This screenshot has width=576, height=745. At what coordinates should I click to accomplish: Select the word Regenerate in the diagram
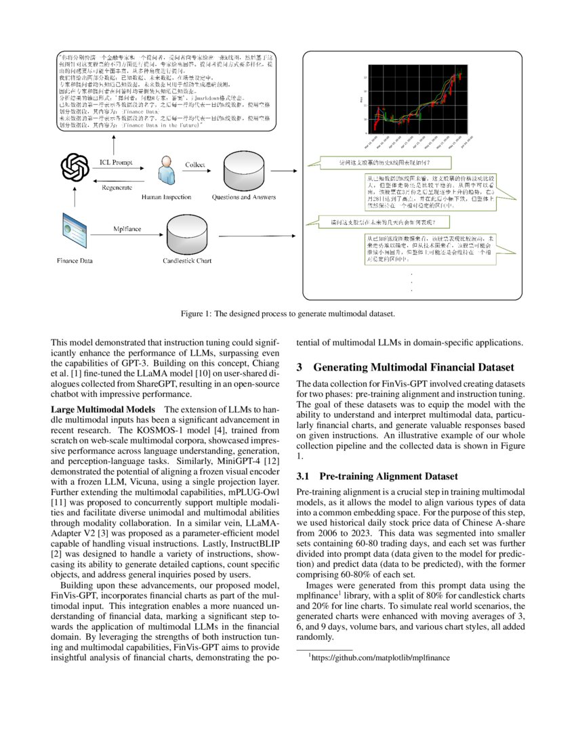coord(117,187)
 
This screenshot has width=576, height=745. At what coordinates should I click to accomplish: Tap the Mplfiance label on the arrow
coord(127,229)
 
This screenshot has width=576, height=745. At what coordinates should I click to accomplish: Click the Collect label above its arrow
coord(195,165)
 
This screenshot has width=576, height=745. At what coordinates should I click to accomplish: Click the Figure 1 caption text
coord(287,314)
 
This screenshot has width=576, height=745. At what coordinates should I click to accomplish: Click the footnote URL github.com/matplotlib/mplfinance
coord(380,657)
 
